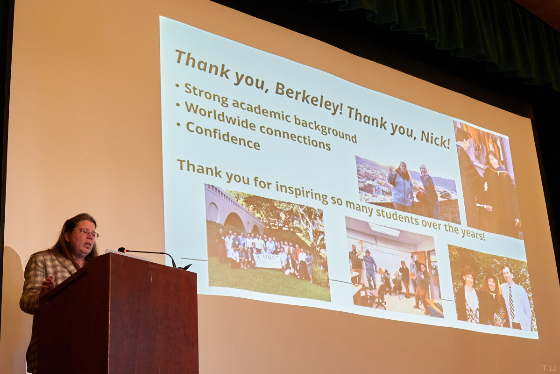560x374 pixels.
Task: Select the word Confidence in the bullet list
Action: click(x=223, y=136)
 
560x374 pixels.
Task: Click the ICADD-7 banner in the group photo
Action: click(x=267, y=261)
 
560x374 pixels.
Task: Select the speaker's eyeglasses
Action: click(x=86, y=233)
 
